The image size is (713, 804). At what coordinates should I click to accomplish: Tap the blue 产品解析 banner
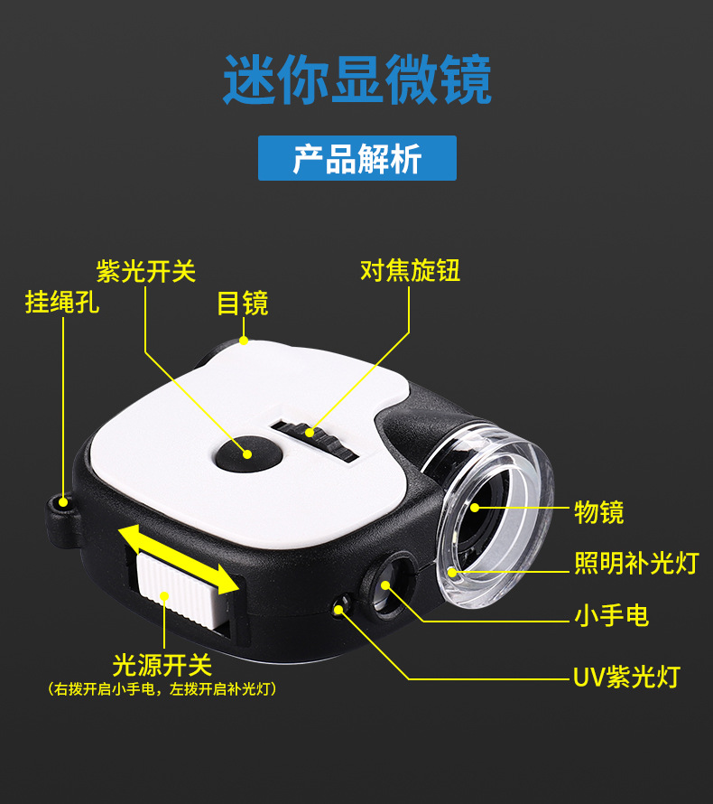pos(357,158)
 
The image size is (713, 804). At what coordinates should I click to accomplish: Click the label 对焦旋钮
pos(410,270)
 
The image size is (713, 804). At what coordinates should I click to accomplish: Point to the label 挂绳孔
pos(62,302)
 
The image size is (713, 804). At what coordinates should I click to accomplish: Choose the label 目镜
pos(243,303)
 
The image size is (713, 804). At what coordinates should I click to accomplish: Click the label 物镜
pos(599,512)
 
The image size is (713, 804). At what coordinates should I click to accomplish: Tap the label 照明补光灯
pos(636,563)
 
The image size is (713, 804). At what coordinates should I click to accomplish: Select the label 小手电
pos(612,616)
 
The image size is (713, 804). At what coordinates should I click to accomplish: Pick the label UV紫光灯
pos(625,676)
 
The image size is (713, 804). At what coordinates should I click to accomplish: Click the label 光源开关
pos(162,666)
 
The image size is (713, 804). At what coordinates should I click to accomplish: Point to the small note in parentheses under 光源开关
pos(162,689)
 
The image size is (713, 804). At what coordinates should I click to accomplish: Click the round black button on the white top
pos(244,451)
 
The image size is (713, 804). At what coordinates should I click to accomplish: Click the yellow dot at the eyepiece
pos(244,341)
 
